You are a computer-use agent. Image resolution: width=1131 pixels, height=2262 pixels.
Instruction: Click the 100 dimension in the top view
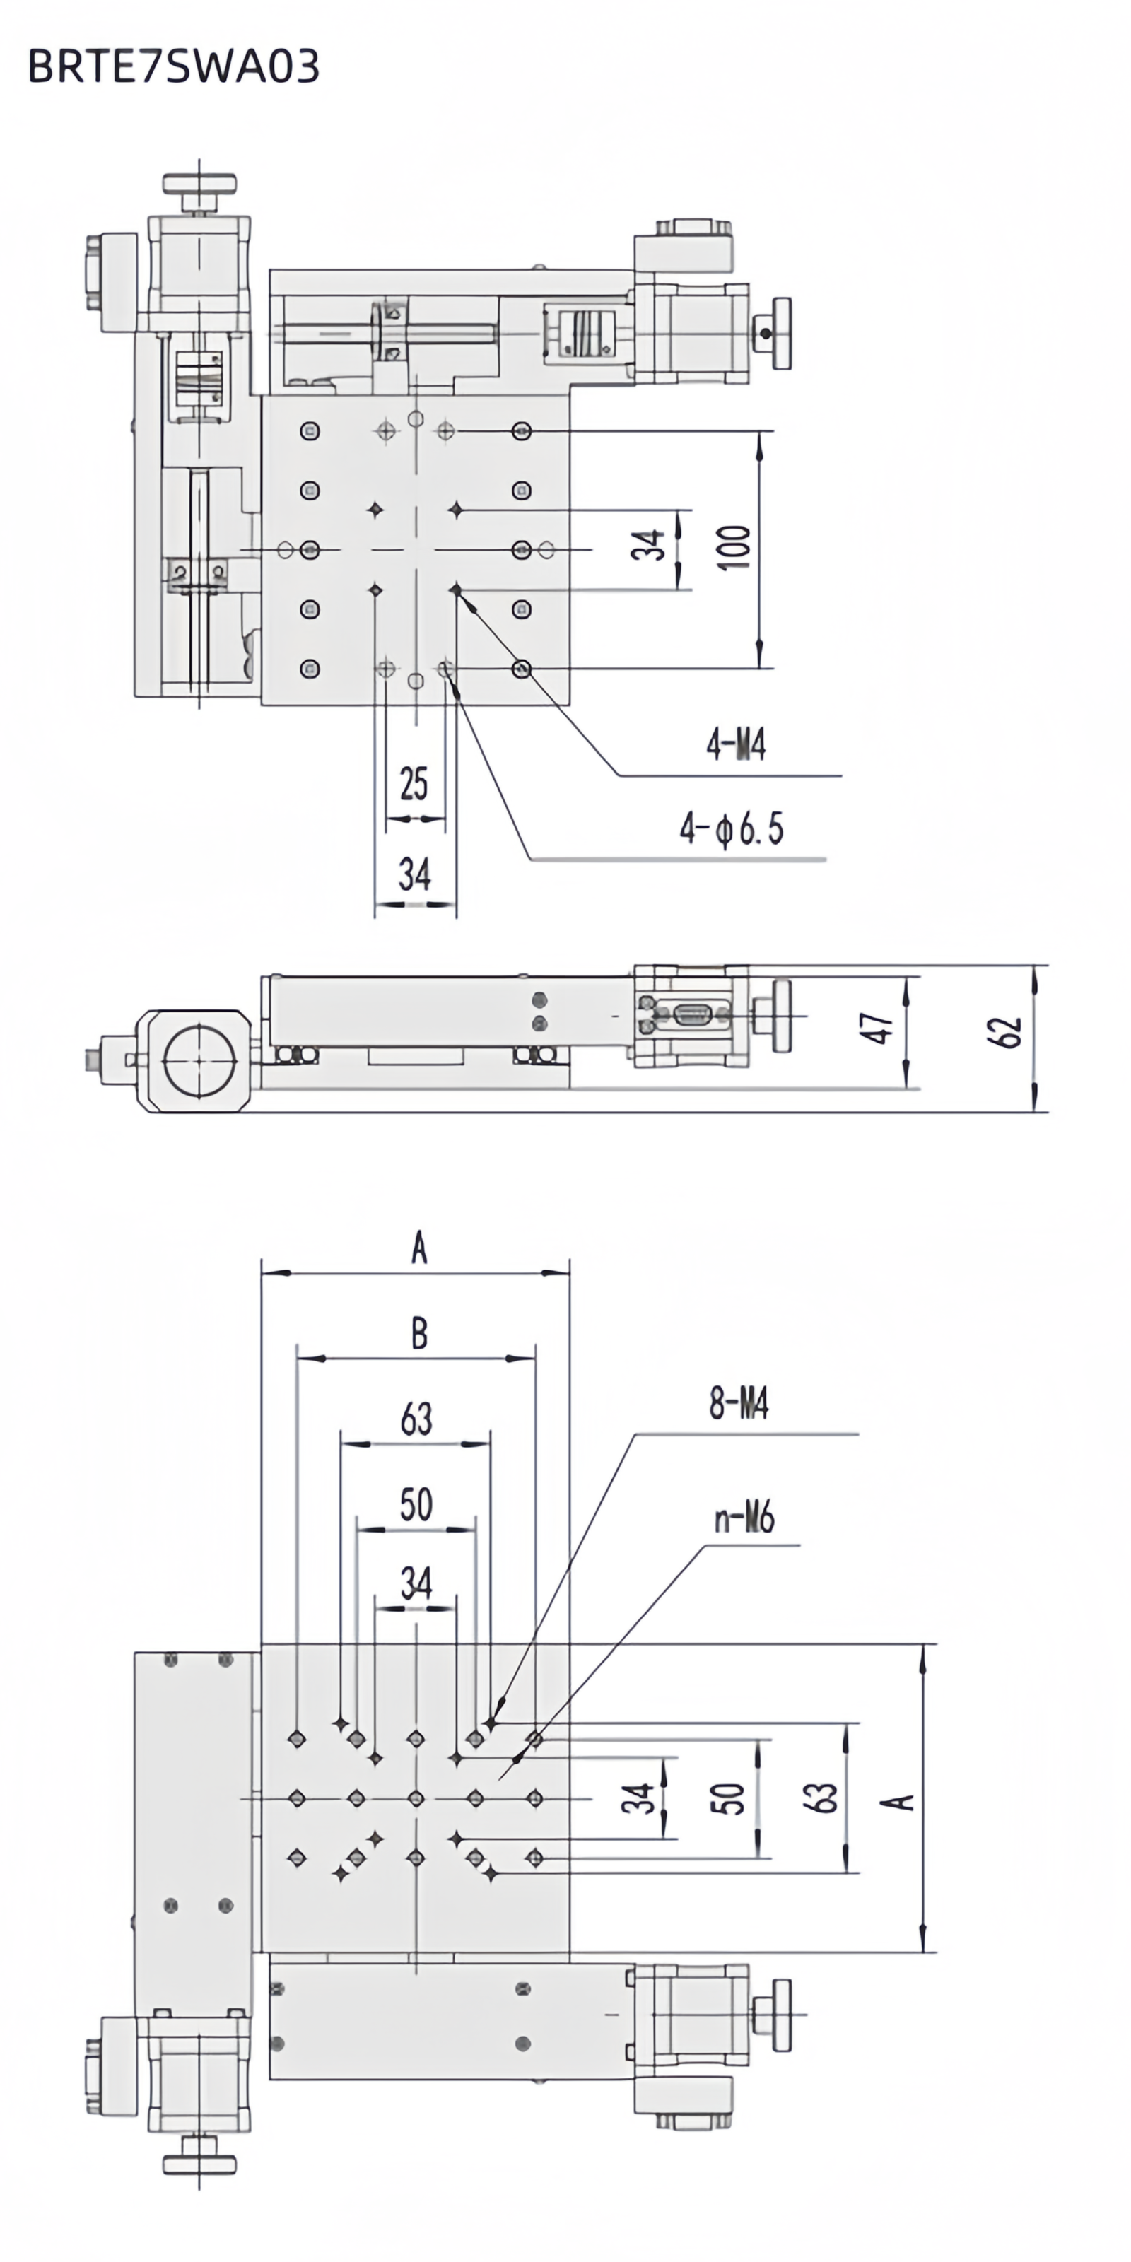[x=735, y=548]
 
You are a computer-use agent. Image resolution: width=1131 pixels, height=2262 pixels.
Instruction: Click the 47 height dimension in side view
[x=876, y=1026]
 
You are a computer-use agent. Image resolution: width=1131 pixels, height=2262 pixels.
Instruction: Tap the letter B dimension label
[x=419, y=1335]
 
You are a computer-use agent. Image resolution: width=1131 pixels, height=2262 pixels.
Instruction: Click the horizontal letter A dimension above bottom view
[x=419, y=1248]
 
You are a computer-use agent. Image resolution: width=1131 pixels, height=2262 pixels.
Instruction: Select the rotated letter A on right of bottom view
[x=898, y=1801]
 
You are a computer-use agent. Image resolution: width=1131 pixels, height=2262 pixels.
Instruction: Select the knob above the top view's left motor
[x=200, y=186]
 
